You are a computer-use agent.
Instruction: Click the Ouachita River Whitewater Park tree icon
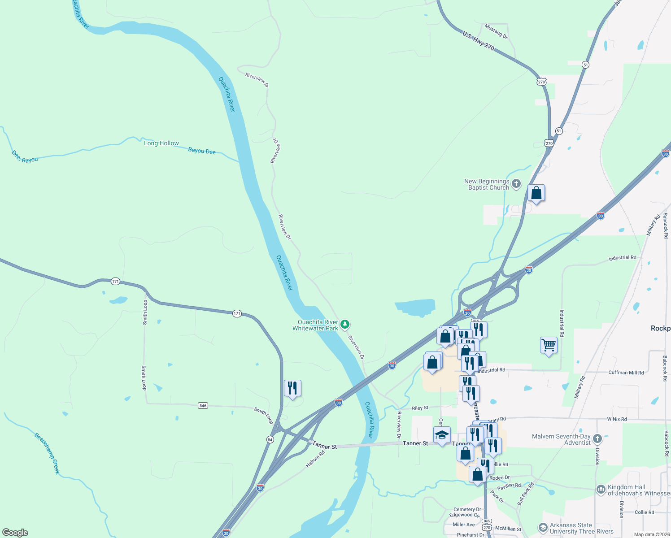pyautogui.click(x=344, y=324)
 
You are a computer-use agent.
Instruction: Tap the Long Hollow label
pyautogui.click(x=161, y=143)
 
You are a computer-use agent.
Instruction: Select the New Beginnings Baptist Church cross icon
pyautogui.click(x=516, y=183)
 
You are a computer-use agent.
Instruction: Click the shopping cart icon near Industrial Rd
pyautogui.click(x=549, y=346)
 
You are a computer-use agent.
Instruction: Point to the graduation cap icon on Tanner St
pyautogui.click(x=442, y=435)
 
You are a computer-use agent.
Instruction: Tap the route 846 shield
pyautogui.click(x=203, y=405)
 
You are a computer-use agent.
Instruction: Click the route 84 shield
pyautogui.click(x=270, y=439)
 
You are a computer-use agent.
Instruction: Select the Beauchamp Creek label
pyautogui.click(x=47, y=453)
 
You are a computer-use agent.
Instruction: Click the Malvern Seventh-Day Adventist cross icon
pyautogui.click(x=597, y=438)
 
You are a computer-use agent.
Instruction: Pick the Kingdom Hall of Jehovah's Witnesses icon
pyautogui.click(x=601, y=489)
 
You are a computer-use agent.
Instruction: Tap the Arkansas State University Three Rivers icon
pyautogui.click(x=543, y=528)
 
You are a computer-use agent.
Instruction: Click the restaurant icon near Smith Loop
pyautogui.click(x=292, y=388)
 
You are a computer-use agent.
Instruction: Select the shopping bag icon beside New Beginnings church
pyautogui.click(x=536, y=193)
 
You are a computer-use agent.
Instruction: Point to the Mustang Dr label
pyautogui.click(x=496, y=31)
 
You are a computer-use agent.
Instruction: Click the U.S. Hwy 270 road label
pyautogui.click(x=478, y=40)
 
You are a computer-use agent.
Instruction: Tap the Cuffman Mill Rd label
pyautogui.click(x=626, y=373)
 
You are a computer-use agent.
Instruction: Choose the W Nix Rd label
pyautogui.click(x=617, y=419)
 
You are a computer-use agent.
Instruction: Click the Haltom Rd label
pyautogui.click(x=315, y=460)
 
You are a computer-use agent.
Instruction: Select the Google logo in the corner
pyautogui.click(x=15, y=533)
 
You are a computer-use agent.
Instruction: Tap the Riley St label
pyautogui.click(x=420, y=408)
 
